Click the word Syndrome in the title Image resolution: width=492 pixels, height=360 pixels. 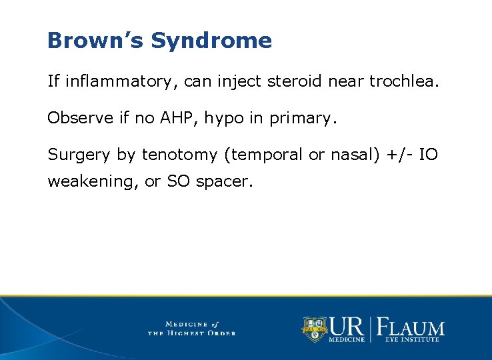211,41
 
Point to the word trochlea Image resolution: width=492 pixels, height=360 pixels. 405,81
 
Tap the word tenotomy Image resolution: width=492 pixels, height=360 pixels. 179,155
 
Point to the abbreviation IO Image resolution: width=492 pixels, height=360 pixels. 430,155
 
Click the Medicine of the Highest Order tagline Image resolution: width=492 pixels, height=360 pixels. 191,328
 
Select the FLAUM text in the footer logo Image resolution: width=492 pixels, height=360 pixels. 411,327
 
